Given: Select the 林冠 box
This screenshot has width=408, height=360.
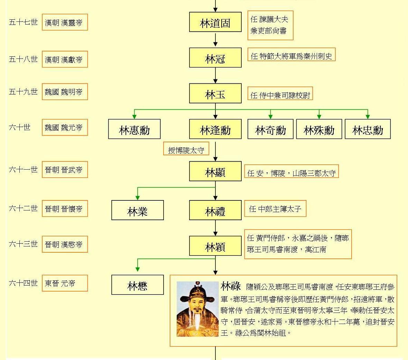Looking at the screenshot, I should pyautogui.click(x=215, y=58).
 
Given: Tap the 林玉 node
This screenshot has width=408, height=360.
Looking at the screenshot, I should pyautogui.click(x=215, y=93).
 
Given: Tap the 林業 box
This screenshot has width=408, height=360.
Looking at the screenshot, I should pyautogui.click(x=137, y=210).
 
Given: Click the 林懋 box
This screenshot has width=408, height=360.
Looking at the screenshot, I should pyautogui.click(x=137, y=285).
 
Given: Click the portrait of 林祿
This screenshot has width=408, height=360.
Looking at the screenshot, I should pyautogui.click(x=197, y=309).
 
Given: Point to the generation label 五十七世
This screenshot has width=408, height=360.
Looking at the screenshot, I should pyautogui.click(x=23, y=22).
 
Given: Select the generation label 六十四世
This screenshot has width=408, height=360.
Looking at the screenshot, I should pyautogui.click(x=23, y=283).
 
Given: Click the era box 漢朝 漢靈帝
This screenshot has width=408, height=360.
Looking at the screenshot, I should pyautogui.click(x=65, y=22).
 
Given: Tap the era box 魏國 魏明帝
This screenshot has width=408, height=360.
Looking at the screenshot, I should pyautogui.click(x=65, y=92).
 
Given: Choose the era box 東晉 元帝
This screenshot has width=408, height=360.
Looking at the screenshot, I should pyautogui.click(x=65, y=283).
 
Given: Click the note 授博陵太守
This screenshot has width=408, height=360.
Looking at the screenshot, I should pyautogui.click(x=186, y=150).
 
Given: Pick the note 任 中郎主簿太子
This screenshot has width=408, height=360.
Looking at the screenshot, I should pyautogui.click(x=275, y=209).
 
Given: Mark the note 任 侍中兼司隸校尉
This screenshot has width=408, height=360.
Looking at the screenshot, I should pyautogui.click(x=280, y=94).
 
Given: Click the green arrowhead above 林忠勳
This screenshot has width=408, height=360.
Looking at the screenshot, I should pyautogui.click(x=368, y=117).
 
